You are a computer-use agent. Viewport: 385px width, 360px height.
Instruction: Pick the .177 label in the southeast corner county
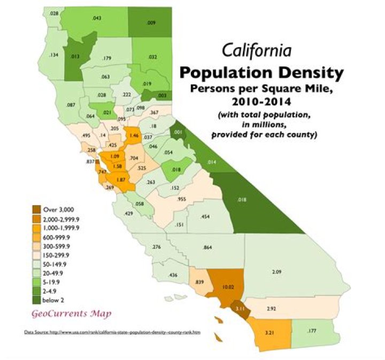(312, 332)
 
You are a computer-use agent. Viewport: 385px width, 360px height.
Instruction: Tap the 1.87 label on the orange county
(121, 181)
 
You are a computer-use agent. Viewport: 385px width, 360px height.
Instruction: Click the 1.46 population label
(134, 136)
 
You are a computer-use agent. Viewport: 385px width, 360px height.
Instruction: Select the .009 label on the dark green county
(151, 24)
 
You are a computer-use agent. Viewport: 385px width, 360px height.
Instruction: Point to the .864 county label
(209, 248)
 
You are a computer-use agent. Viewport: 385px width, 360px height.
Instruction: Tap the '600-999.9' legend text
(60, 236)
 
